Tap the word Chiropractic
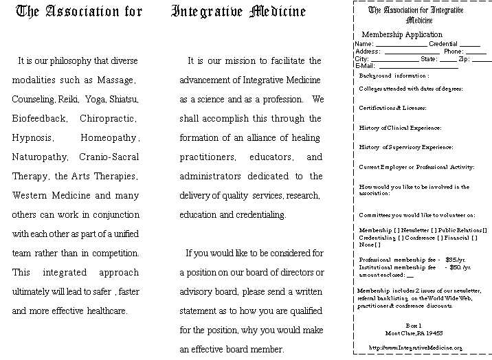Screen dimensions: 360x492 point(109,119)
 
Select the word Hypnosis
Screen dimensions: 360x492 point(32,138)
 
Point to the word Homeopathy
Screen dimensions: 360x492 point(110,138)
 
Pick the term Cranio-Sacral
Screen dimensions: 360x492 point(109,157)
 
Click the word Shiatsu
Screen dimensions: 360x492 point(124,100)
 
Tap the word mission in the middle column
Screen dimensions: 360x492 point(238,61)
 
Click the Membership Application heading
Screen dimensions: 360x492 point(402,34)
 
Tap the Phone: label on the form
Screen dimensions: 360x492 point(454,52)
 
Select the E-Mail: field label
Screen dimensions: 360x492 point(365,67)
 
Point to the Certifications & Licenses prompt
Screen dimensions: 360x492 point(392,108)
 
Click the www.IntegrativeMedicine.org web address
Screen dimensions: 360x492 point(416,348)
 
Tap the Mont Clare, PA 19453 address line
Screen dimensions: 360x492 point(414,333)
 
